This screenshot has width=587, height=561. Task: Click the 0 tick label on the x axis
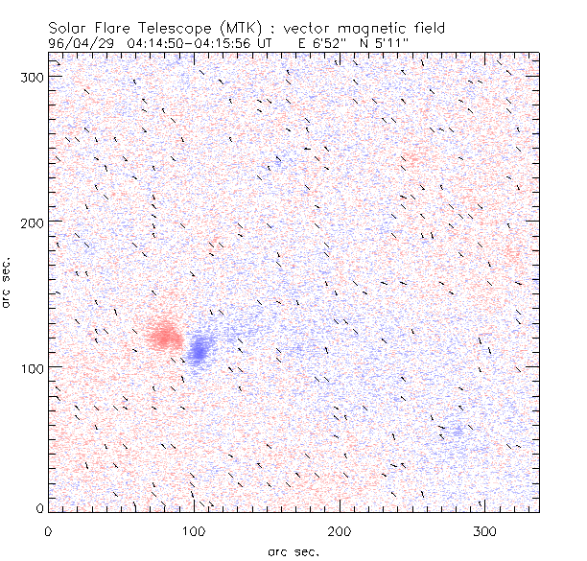pos(48,530)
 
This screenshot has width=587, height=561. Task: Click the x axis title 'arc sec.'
pos(293,551)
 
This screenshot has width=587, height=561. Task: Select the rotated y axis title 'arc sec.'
pos(8,283)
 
